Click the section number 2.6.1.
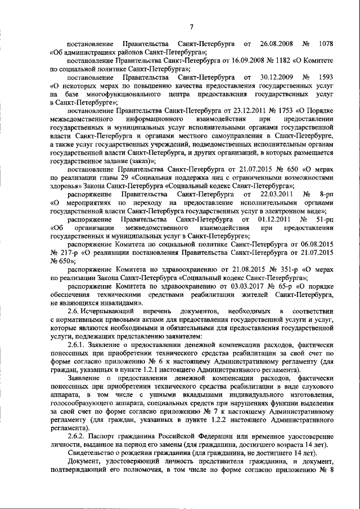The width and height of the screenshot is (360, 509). coord(76,344)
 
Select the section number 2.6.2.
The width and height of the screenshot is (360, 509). coord(76,436)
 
